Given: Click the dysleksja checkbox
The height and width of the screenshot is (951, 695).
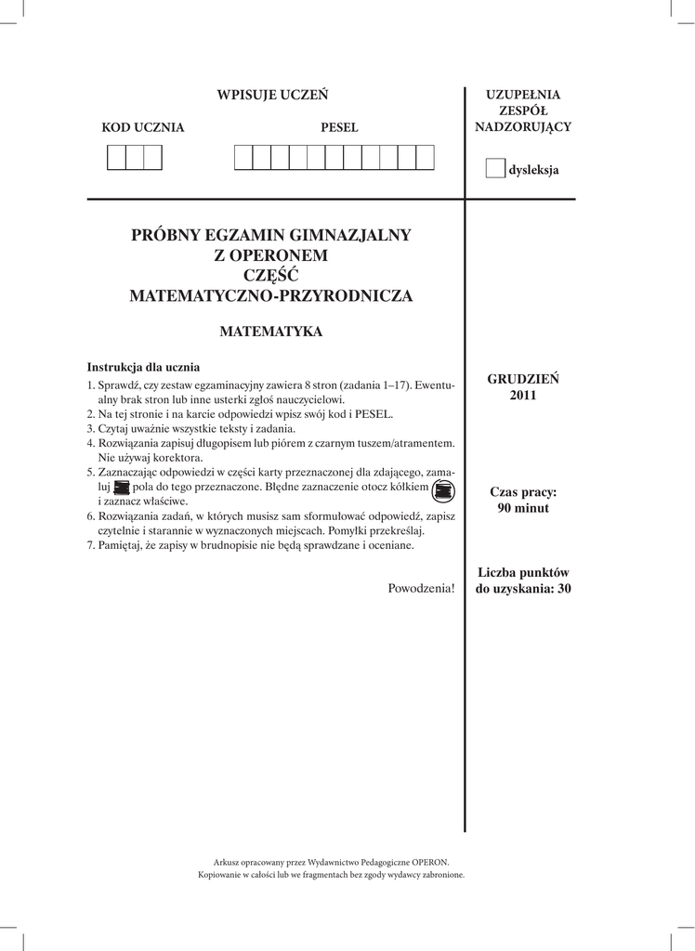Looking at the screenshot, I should [495, 169].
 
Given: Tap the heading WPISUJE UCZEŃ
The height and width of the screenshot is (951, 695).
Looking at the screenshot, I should [272, 96].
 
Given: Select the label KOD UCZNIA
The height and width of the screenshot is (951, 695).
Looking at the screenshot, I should [143, 128].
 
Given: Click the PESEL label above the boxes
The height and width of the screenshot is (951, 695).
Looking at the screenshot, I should [339, 128].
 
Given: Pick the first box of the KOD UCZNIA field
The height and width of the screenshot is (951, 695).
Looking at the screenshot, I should [116, 159].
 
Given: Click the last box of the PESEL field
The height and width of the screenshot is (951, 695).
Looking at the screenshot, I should [426, 159].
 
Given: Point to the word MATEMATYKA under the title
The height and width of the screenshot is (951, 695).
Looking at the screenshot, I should [271, 331].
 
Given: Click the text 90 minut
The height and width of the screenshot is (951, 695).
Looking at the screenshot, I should [523, 508].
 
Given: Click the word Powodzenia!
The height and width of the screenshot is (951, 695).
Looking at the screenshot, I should [422, 589].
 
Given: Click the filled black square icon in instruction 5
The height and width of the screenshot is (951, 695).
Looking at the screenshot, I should [121, 487].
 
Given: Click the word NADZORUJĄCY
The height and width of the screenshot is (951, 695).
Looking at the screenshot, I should [523, 126].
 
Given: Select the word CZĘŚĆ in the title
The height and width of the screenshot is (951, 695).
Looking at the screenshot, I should [271, 276].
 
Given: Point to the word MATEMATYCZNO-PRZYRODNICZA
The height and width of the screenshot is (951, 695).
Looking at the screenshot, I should [271, 297].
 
